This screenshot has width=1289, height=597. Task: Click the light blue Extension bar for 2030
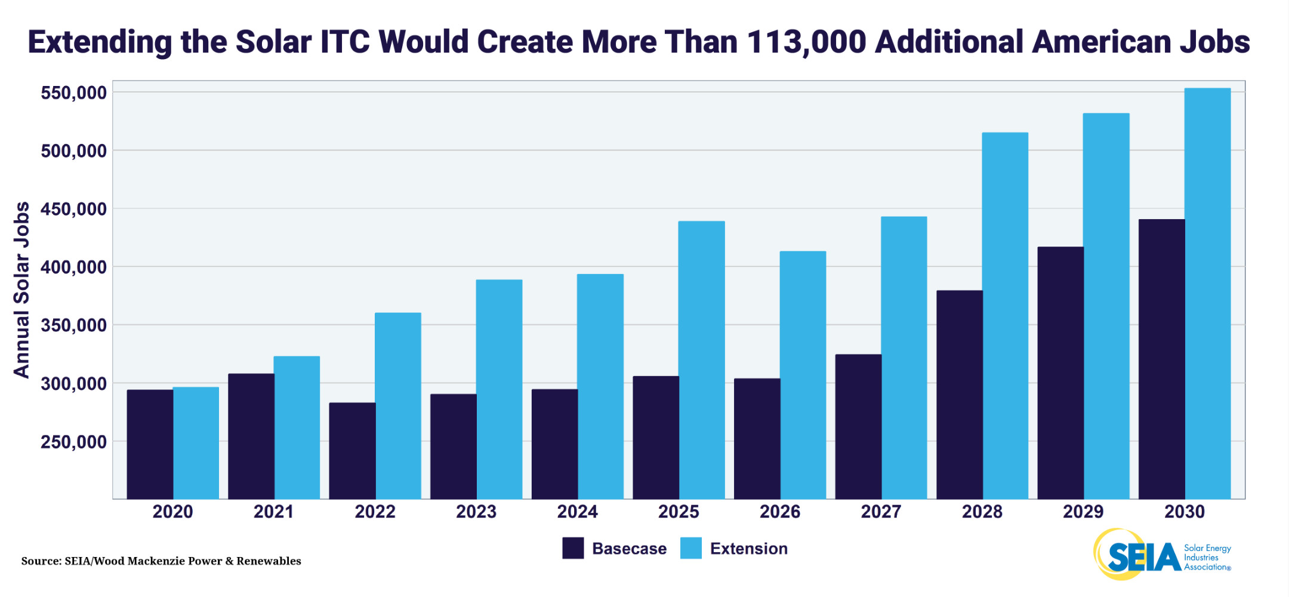point(1207,293)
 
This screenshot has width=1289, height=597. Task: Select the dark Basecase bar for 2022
point(352,451)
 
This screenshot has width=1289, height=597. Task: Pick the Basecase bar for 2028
point(959,394)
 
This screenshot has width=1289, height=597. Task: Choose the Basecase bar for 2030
point(1161,359)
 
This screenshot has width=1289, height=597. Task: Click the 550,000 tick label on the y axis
point(73,93)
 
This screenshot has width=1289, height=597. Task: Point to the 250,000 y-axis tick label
point(73,442)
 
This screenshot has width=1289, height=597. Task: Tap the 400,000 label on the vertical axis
point(73,267)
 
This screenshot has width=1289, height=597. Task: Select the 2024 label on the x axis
point(577,512)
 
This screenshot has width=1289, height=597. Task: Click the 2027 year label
point(881,512)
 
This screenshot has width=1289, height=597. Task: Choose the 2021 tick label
point(273,512)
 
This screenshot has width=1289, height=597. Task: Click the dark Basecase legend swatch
point(573,548)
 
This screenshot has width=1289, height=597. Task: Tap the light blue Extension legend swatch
point(690,548)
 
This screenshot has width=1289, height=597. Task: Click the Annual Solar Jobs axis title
point(21,290)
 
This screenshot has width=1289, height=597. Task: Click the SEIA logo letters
point(1143,556)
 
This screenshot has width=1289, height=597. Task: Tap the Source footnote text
point(161,561)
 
